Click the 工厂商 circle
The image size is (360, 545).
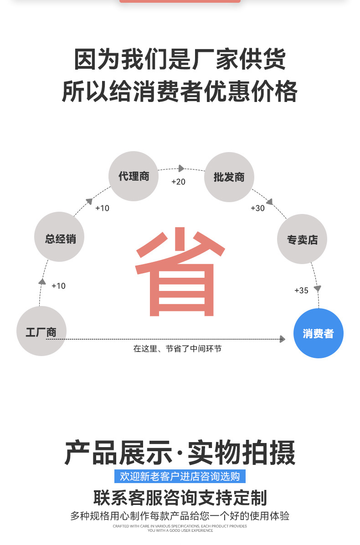pos(41,331)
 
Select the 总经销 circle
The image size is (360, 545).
pos(59,237)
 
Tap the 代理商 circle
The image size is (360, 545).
pos(134,176)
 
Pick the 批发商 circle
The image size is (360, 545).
pos(229,177)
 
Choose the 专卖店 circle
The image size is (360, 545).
pos(302,239)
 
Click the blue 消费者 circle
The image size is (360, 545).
pos(318,333)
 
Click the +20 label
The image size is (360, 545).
pos(178,182)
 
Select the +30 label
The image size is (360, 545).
pos(257,208)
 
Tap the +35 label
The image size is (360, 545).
pos(301,290)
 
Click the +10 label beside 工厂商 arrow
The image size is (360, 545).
pos(58,286)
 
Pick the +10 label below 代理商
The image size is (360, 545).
pos(102,208)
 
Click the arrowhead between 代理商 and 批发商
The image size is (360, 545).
pos(181,168)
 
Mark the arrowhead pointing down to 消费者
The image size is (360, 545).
pos(318,289)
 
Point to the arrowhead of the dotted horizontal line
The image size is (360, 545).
pos(283,339)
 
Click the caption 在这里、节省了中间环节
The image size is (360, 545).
pos(177,349)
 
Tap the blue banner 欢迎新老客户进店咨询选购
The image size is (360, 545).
pos(180,476)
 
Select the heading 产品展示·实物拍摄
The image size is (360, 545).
pos(180,453)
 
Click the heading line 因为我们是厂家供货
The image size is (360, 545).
pos(180,60)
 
